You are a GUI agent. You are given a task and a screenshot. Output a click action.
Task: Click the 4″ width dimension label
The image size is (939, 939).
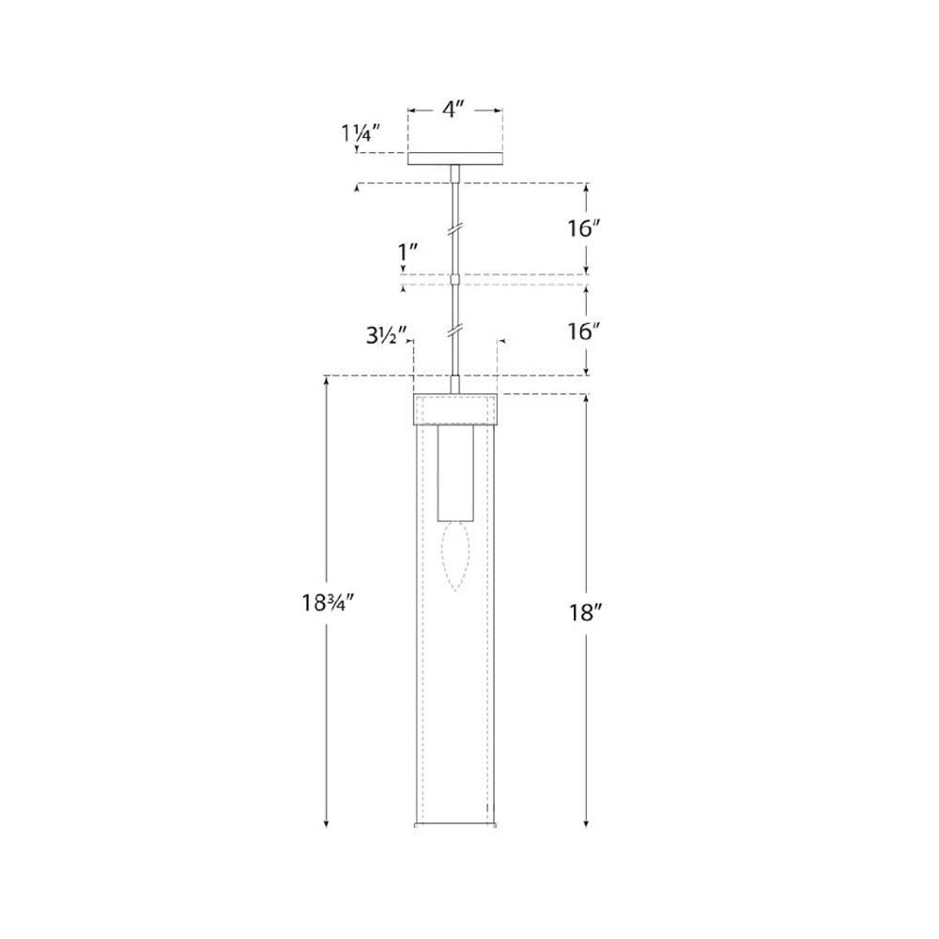pos(454,110)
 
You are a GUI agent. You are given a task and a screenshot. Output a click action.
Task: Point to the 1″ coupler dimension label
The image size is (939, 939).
pos(408,254)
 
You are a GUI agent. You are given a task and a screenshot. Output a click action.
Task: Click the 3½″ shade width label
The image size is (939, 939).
pos(386,336)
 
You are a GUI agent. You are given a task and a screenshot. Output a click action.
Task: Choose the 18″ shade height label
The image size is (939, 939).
pos(585,612)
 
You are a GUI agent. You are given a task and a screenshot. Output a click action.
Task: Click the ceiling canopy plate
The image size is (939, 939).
pos(455,159)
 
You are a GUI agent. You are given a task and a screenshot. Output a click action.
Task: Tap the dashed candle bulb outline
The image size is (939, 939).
pos(455,557)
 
